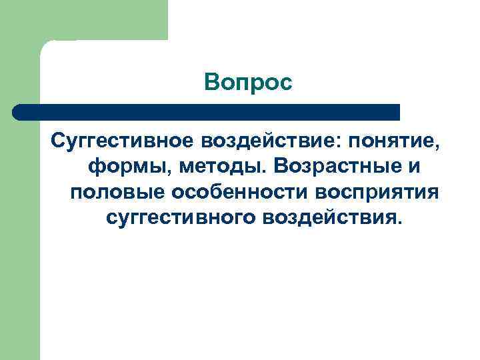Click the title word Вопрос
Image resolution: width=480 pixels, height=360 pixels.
point(249,83)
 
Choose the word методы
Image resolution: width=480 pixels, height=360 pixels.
point(202,167)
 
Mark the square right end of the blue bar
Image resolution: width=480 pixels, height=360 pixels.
point(397,112)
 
